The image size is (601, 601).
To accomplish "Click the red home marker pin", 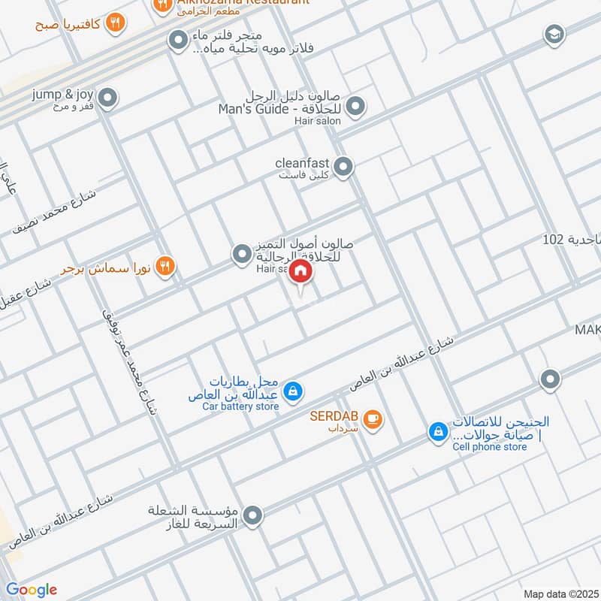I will [300, 271].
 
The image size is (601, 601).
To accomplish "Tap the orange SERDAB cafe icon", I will [373, 418].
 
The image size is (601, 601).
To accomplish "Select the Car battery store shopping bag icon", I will [294, 391].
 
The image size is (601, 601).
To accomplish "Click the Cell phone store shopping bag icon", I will [436, 431].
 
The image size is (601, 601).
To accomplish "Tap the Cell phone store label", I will [490, 447].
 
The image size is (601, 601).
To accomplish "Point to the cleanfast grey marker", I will [343, 167].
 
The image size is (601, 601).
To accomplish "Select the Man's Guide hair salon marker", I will [356, 106].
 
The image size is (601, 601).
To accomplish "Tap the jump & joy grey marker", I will [108, 98].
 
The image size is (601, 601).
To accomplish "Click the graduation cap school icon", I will [554, 35].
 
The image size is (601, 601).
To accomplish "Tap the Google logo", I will [32, 590].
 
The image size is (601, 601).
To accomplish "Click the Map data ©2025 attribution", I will [559, 593].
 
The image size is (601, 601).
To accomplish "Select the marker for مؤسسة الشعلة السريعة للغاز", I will [253, 515].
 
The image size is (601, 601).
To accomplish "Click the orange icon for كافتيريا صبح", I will [114, 23].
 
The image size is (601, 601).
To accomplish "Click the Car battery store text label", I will [240, 406].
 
